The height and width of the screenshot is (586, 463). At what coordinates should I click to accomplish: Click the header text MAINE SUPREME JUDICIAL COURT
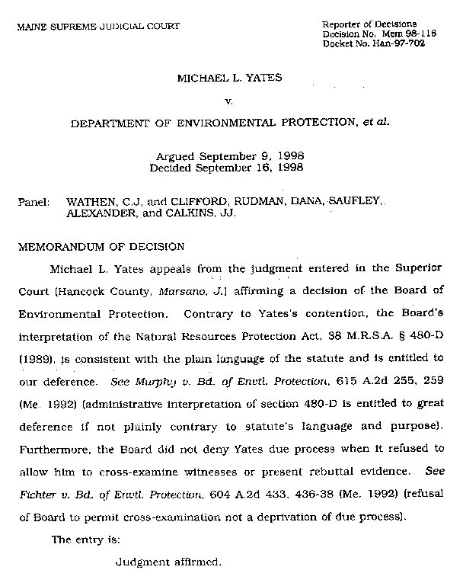pos(98,27)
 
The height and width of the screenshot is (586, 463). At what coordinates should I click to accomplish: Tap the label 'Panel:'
pos(34,202)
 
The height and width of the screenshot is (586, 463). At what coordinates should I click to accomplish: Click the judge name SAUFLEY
pos(355,202)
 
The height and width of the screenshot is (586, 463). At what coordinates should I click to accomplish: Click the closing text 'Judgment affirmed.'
pos(168,563)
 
